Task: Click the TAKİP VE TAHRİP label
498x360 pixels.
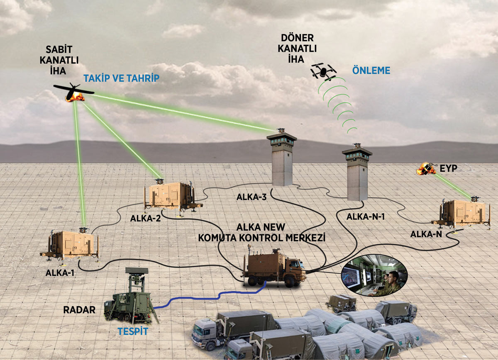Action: [x=121, y=78]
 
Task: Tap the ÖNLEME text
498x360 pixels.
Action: [x=371, y=71]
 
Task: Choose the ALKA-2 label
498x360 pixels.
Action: [x=145, y=218]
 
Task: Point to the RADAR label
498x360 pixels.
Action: [x=79, y=309]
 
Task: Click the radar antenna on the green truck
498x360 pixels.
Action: [x=137, y=272]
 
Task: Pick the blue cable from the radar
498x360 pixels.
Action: [x=207, y=297]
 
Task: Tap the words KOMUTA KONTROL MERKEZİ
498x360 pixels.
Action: [x=261, y=238]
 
